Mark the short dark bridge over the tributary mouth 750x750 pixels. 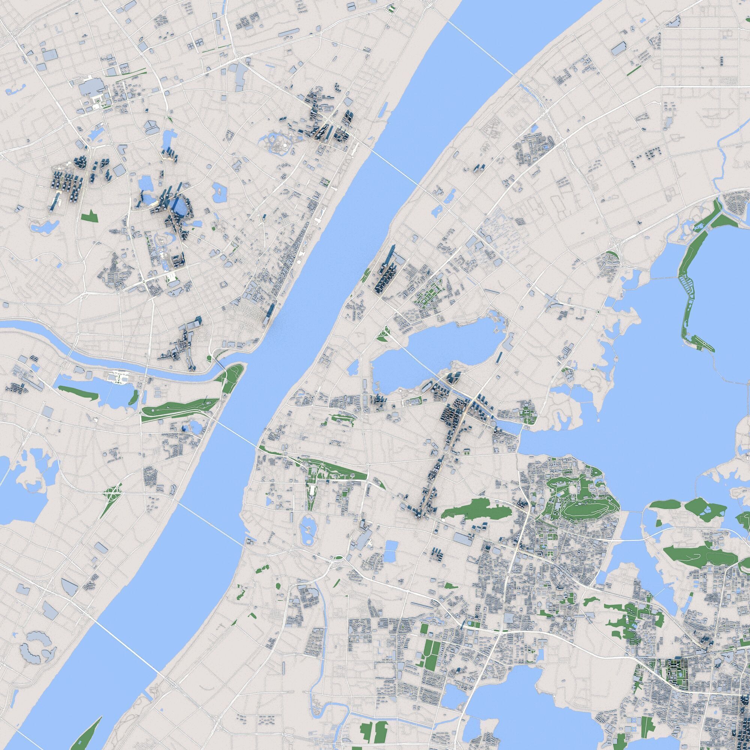[220, 365]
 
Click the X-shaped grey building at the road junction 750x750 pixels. [151, 126]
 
